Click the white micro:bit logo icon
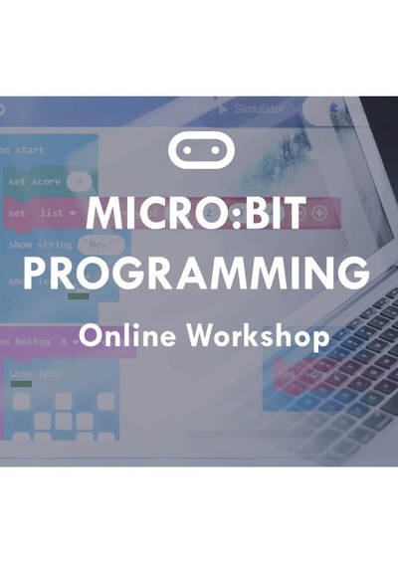click(x=200, y=149)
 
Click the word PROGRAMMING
click(x=198, y=272)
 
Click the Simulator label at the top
click(x=259, y=107)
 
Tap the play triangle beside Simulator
click(x=223, y=107)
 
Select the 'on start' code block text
click(x=24, y=149)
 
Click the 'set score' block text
click(x=34, y=182)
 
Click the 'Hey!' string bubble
click(x=102, y=245)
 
